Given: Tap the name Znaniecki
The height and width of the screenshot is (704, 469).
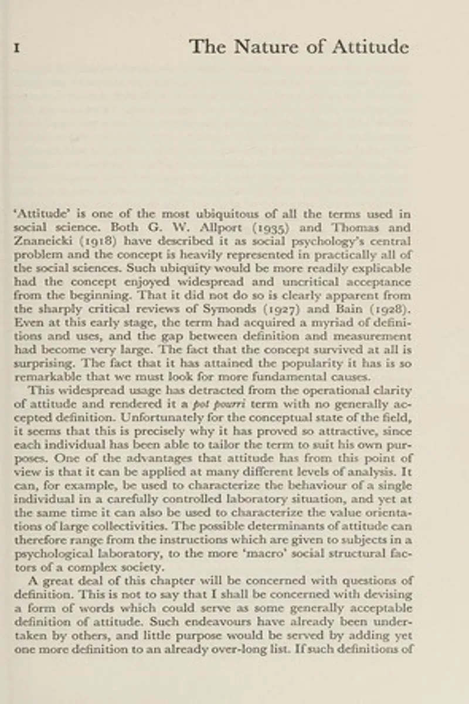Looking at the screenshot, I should (x=40, y=241).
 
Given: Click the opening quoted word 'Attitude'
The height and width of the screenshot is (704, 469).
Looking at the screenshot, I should (x=39, y=214).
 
